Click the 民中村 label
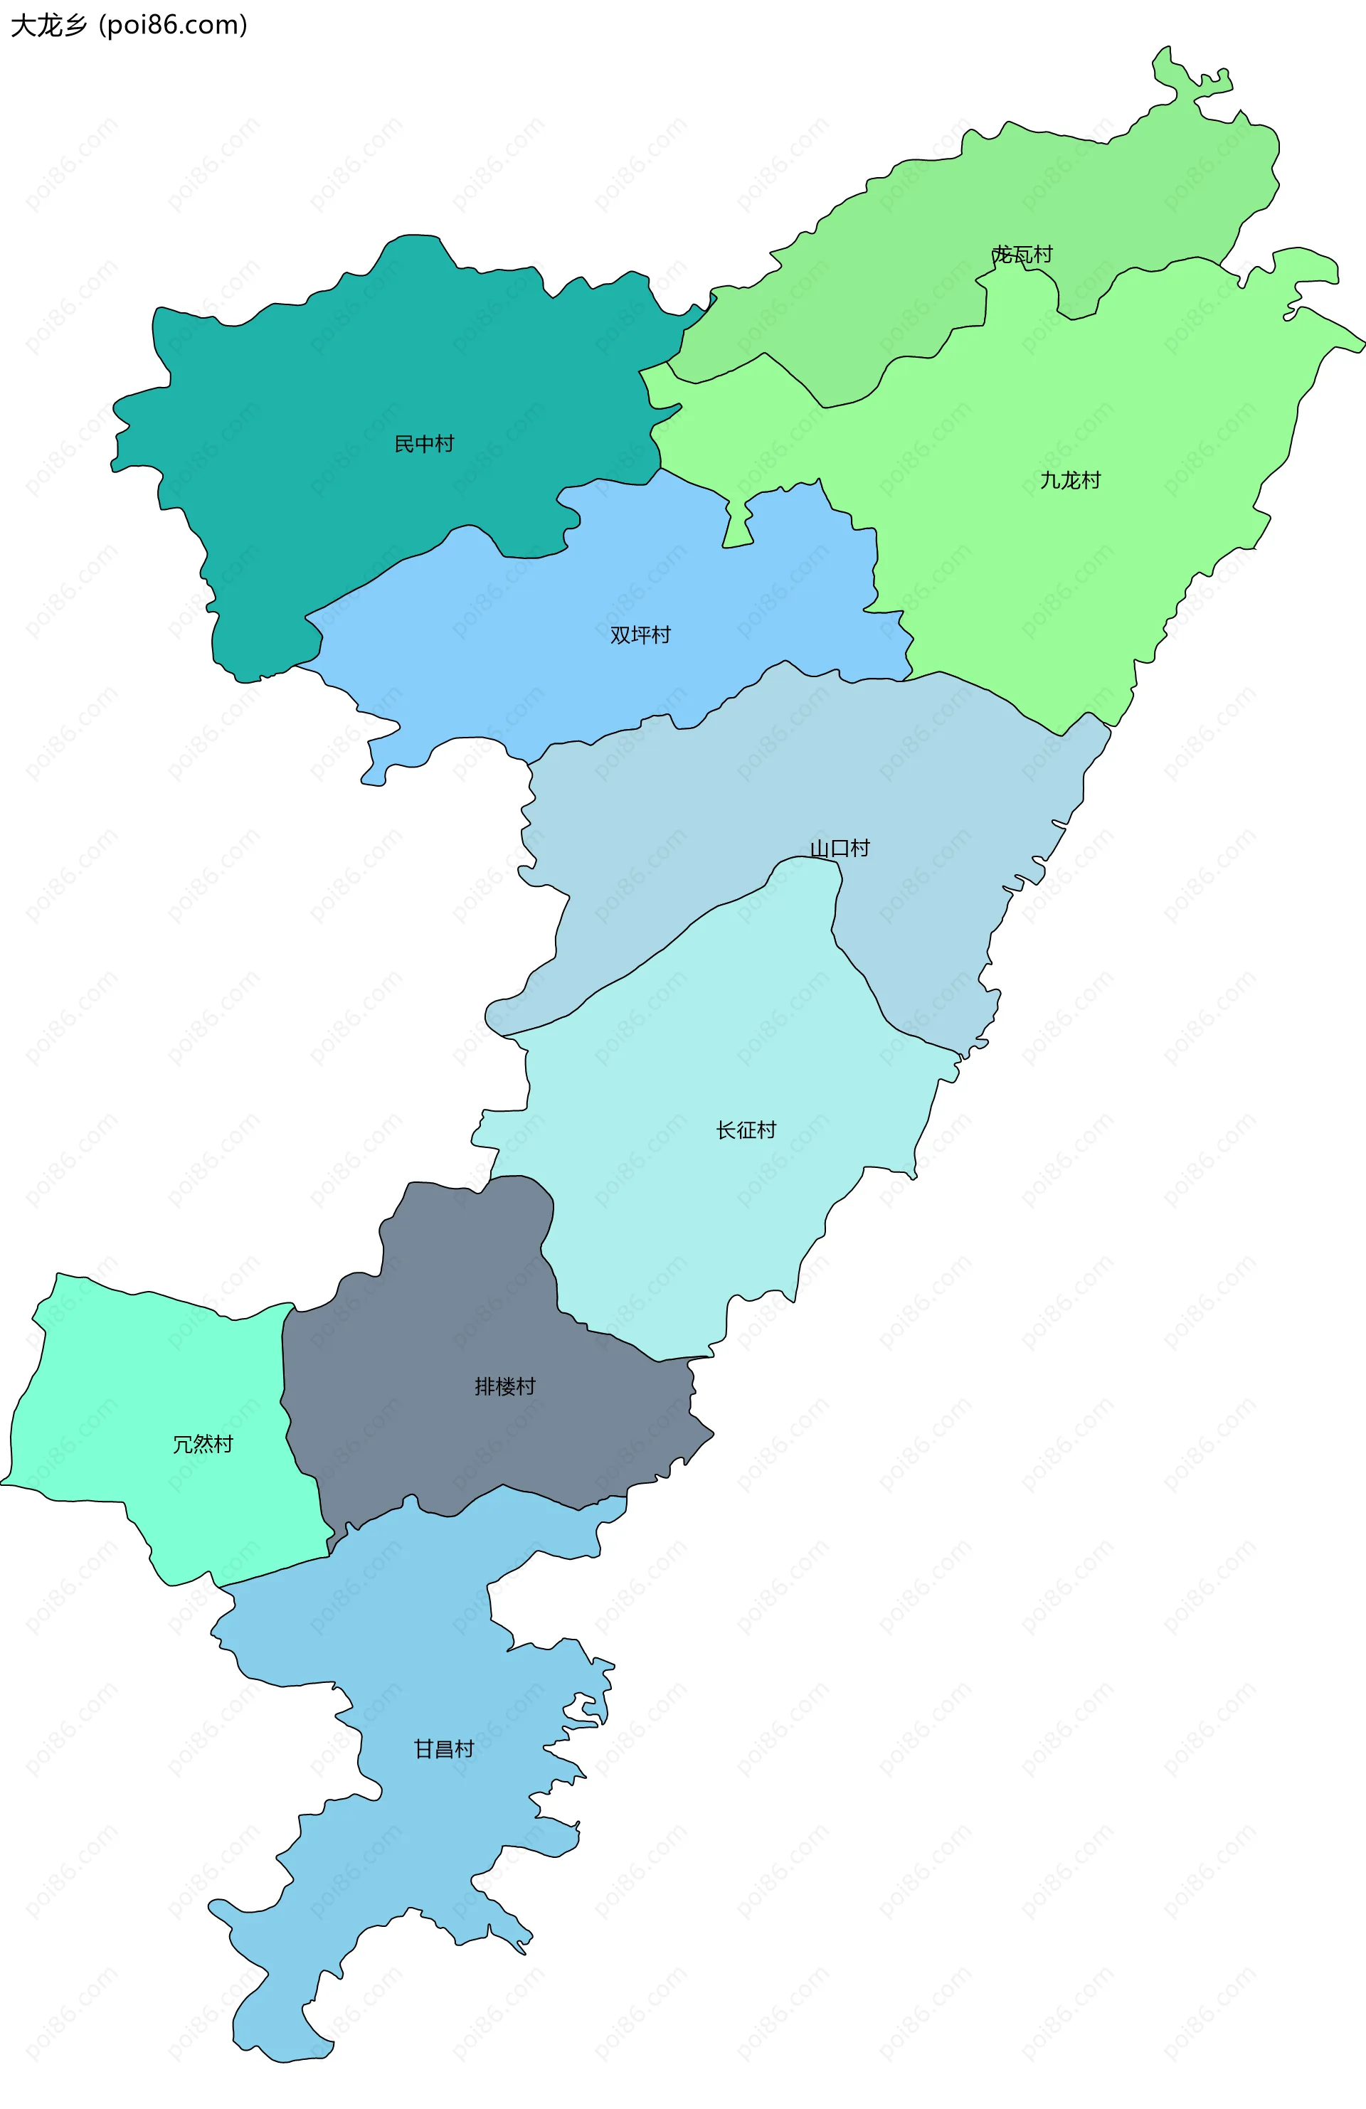pos(424,443)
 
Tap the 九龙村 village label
pos(1070,480)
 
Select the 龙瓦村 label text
pos(1022,255)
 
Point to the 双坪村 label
pos(640,634)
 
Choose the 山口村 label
pos(840,848)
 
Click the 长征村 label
pos(746,1130)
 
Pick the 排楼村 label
pos(504,1386)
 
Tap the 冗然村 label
pos(202,1445)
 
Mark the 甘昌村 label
pos(444,1748)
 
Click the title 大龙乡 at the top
pos(49,25)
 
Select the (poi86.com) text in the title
pos(174,25)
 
